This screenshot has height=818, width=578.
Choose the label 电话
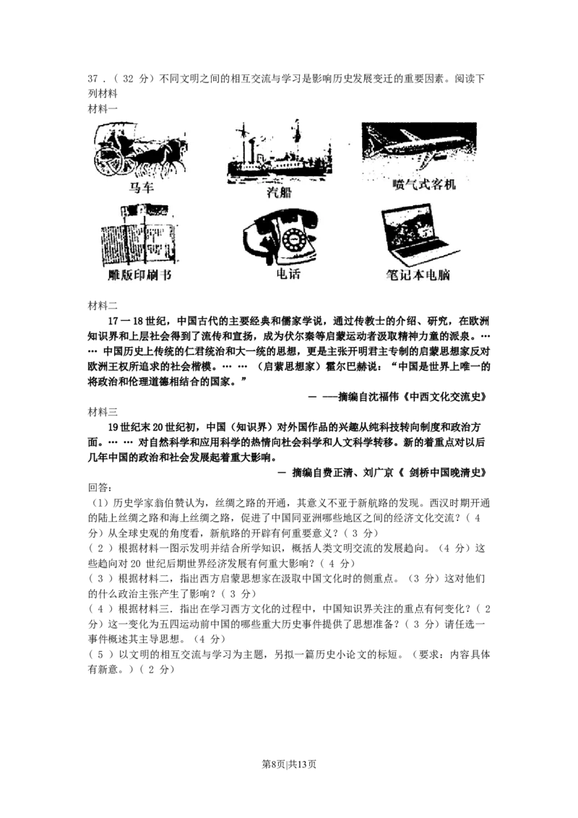[288, 275]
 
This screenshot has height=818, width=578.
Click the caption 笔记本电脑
[418, 276]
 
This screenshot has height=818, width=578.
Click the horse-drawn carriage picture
[139, 150]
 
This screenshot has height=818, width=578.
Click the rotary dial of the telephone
[296, 239]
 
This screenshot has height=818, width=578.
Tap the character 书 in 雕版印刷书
[167, 276]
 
